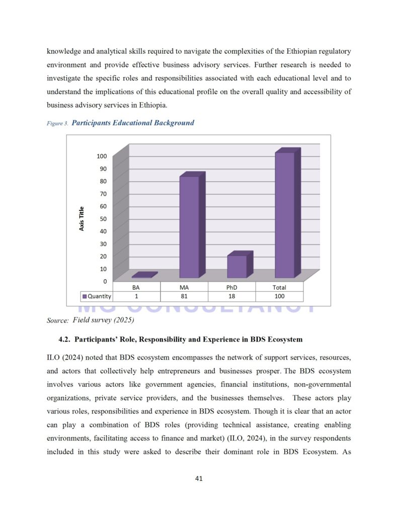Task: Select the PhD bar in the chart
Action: (x=236, y=267)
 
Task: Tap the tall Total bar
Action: (x=285, y=215)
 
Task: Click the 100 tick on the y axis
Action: (x=102, y=156)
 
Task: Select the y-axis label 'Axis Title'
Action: (x=82, y=219)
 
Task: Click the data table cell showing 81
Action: (x=184, y=296)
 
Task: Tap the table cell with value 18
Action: (x=231, y=296)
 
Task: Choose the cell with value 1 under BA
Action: (x=136, y=296)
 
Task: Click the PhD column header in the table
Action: (x=231, y=287)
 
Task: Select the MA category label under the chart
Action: (x=184, y=287)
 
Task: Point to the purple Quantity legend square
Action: (x=85, y=296)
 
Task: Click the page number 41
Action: (x=199, y=478)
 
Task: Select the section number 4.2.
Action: (x=64, y=339)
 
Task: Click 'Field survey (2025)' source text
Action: (x=103, y=320)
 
